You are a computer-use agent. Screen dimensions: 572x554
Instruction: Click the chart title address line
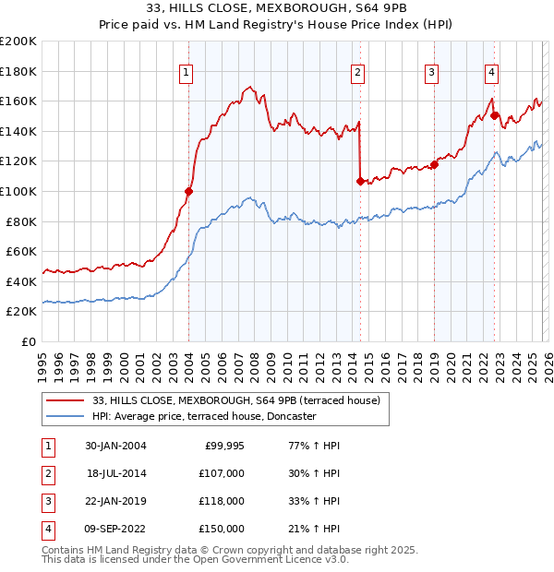click(x=277, y=7)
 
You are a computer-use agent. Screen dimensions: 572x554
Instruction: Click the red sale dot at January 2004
click(x=189, y=191)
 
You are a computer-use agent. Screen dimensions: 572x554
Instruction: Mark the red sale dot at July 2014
click(x=360, y=181)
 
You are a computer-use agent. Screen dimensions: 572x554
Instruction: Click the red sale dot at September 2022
click(x=495, y=115)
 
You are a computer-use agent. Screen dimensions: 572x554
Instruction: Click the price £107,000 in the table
click(x=223, y=473)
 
